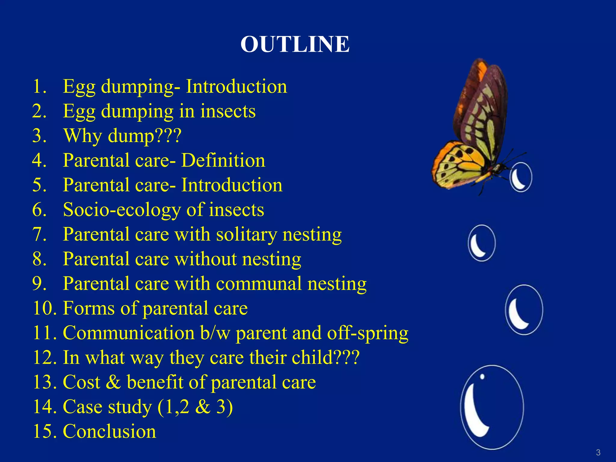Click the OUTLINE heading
click(x=295, y=44)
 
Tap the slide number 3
click(x=598, y=452)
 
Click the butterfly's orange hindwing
click(x=457, y=165)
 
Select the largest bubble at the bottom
click(x=492, y=407)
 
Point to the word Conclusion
click(x=109, y=431)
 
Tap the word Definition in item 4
click(x=223, y=160)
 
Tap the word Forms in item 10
click(x=89, y=308)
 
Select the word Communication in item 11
click(x=129, y=333)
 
